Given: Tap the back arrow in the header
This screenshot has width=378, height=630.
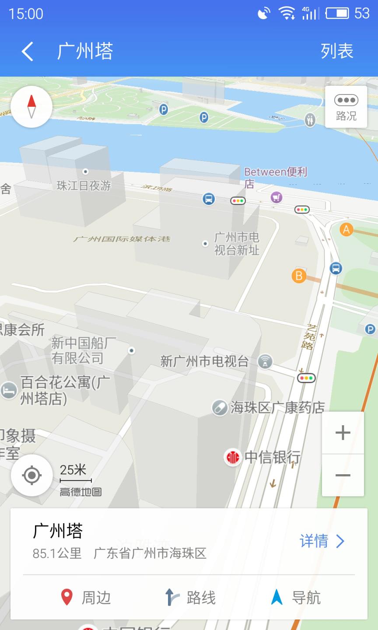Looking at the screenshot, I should click(27, 51).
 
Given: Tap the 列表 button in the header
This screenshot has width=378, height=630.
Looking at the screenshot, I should click(336, 51).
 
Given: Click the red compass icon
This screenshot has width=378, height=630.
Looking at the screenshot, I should click(31, 107).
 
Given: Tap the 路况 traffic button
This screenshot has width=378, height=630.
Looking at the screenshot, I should click(346, 107).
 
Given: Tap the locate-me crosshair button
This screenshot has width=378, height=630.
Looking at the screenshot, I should click(31, 476).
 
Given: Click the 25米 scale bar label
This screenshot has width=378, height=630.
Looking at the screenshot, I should click(73, 470).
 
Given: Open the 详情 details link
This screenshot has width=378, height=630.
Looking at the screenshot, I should click(322, 541).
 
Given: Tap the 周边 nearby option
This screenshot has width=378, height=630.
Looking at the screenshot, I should click(86, 597).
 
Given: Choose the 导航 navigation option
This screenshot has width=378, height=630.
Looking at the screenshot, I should click(296, 597).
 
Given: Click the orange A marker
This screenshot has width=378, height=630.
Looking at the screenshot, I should click(346, 229).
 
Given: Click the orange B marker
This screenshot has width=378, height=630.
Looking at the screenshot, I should click(299, 276).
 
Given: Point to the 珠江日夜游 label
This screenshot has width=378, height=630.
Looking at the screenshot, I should click(84, 186).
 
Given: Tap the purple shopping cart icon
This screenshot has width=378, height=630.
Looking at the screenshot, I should click(276, 198).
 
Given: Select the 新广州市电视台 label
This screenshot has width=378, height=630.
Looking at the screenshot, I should click(204, 361).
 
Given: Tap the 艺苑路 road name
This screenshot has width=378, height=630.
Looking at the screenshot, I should click(309, 336).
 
